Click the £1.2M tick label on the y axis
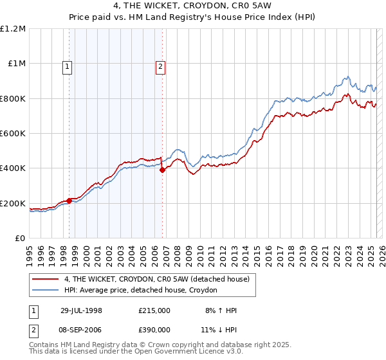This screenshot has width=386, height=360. pos(14,29)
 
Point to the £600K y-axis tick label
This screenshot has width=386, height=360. pos(14,134)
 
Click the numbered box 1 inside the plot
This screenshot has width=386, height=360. pos(68,65)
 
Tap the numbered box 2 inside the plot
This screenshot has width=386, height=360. pos(160,65)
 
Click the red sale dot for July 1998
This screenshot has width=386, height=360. pos(69,201)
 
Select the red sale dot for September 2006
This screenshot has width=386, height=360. pos(162,170)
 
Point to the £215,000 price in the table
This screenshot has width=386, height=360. pos(154,310)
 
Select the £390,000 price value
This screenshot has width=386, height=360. pos(154,328)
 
